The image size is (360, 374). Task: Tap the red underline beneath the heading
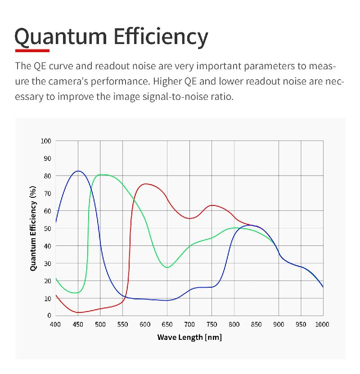(x=32, y=50)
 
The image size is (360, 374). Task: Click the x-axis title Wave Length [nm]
(x=189, y=337)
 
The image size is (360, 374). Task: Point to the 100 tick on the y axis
(x=46, y=141)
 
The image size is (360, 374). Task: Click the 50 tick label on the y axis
(x=48, y=228)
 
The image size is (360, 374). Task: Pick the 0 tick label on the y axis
(x=49, y=316)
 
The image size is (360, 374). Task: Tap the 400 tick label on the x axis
(x=55, y=325)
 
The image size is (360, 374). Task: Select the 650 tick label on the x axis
(x=167, y=325)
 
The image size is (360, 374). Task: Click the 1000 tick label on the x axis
(x=322, y=325)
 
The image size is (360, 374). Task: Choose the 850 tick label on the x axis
(x=256, y=325)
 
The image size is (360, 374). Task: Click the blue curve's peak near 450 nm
(x=78, y=171)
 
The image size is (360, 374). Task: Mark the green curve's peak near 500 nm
(x=102, y=174)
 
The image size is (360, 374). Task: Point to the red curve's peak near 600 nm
(x=145, y=184)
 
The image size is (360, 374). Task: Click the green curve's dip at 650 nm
(x=167, y=267)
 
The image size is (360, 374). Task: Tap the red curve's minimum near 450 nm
(x=79, y=312)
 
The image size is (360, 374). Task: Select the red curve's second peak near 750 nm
(x=211, y=205)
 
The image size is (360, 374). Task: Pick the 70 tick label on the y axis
(x=48, y=193)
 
